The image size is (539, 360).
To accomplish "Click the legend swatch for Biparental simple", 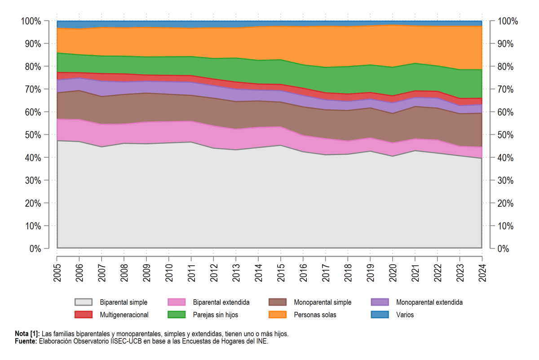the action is (x=84, y=302).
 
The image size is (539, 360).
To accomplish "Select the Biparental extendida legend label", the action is (x=221, y=302).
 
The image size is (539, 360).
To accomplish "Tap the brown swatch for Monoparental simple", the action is (x=278, y=302).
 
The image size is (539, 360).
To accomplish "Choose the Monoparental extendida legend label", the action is (x=429, y=302).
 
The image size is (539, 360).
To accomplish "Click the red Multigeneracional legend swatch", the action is (x=84, y=315).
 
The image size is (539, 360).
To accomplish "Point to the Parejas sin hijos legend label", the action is (x=215, y=315).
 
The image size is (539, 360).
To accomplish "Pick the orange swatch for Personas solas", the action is (x=278, y=315).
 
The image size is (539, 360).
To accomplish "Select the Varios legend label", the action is (x=405, y=315).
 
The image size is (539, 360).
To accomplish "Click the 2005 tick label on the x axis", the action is (x=57, y=273).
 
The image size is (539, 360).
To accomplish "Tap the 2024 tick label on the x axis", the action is (x=482, y=273).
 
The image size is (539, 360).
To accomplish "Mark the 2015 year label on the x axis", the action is (x=281, y=273).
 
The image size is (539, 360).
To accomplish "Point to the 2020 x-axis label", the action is (x=393, y=273).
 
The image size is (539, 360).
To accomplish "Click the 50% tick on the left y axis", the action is (x=33, y=135).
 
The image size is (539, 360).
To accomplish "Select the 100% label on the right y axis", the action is (x=508, y=21).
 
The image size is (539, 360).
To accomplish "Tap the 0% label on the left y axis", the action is (x=35, y=249).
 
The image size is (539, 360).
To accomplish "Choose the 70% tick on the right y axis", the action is (x=505, y=89).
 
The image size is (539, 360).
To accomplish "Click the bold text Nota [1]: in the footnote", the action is (x=27, y=334).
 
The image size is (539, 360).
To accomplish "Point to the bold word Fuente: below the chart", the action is (x=26, y=341).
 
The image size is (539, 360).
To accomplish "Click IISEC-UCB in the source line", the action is (x=126, y=341).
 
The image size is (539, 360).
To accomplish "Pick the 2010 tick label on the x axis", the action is (x=169, y=273).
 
